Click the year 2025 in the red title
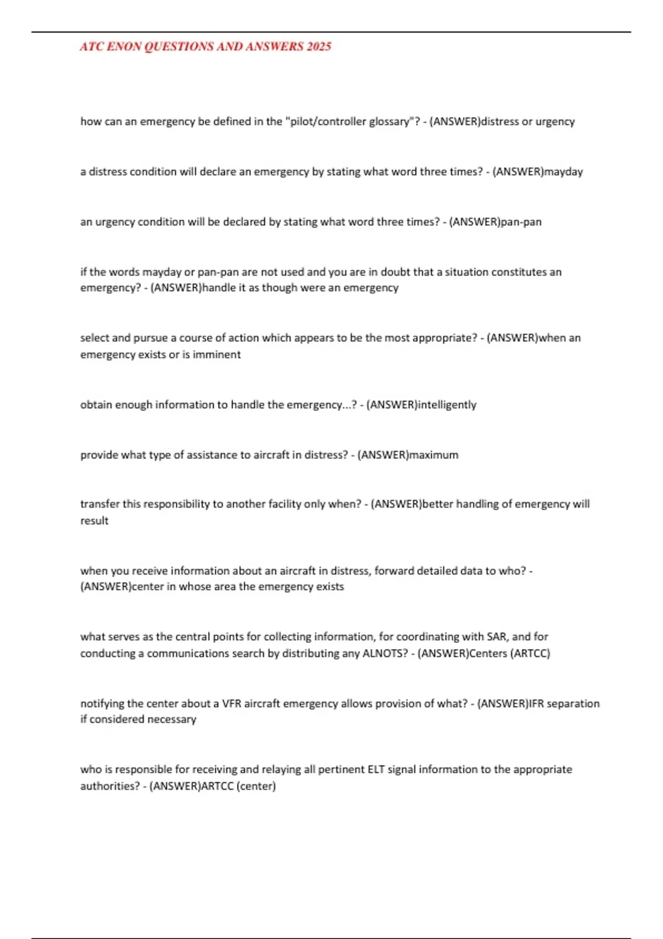point(319,47)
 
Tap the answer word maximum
point(434,455)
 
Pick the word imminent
point(217,355)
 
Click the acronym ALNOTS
point(385,653)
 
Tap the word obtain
point(96,405)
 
